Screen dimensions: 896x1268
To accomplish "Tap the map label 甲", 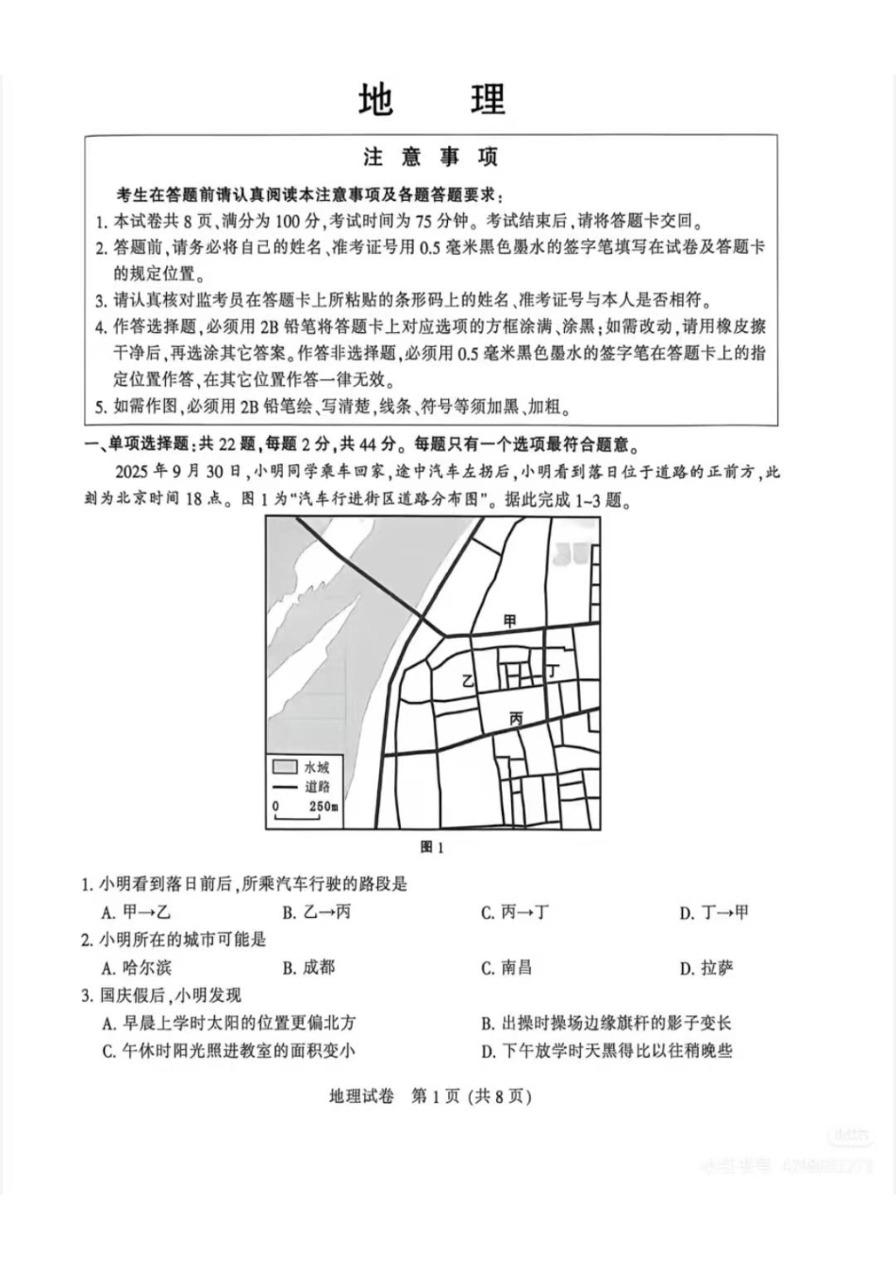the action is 510,620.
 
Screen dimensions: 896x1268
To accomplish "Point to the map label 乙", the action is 466,680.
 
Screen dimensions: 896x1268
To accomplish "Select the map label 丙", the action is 516,718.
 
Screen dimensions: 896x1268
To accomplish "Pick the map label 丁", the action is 553,671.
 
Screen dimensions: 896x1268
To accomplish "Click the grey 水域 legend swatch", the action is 285,766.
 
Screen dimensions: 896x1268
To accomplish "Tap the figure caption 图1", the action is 431,847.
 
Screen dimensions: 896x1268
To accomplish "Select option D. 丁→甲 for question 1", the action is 714,912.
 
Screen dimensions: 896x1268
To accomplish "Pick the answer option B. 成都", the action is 308,967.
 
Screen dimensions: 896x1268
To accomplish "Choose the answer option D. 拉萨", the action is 706,967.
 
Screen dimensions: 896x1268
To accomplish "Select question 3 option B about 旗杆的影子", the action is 606,1023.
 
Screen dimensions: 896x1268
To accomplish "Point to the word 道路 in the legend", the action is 317,786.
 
